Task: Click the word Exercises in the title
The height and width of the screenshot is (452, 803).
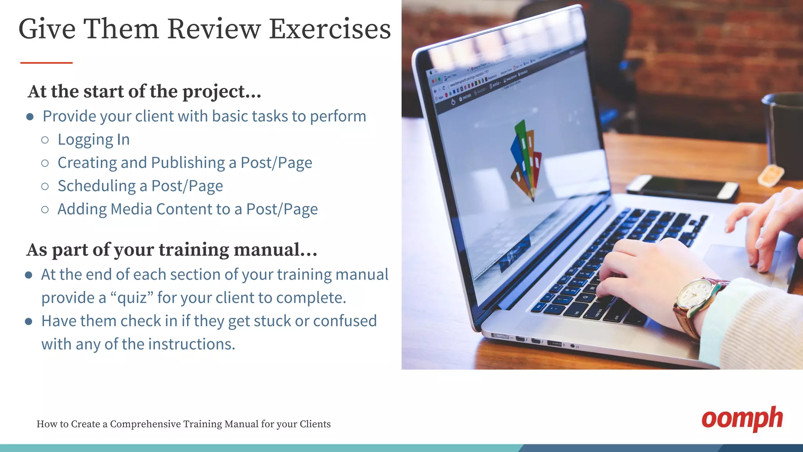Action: tap(330, 29)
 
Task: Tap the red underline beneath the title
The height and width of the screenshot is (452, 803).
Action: tap(46, 62)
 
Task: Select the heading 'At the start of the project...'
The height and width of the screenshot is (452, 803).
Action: tap(144, 91)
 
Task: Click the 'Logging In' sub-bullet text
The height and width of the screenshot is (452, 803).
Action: tap(93, 140)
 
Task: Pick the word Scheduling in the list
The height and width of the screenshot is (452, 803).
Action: tap(96, 186)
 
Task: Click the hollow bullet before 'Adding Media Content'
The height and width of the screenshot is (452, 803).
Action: tap(45, 210)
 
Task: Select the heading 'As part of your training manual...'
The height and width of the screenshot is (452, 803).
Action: tap(172, 250)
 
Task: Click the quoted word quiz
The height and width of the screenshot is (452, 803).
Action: tap(132, 298)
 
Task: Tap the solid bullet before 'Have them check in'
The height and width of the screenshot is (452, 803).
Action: tap(29, 321)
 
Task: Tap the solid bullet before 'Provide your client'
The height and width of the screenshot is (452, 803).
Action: tap(30, 117)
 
